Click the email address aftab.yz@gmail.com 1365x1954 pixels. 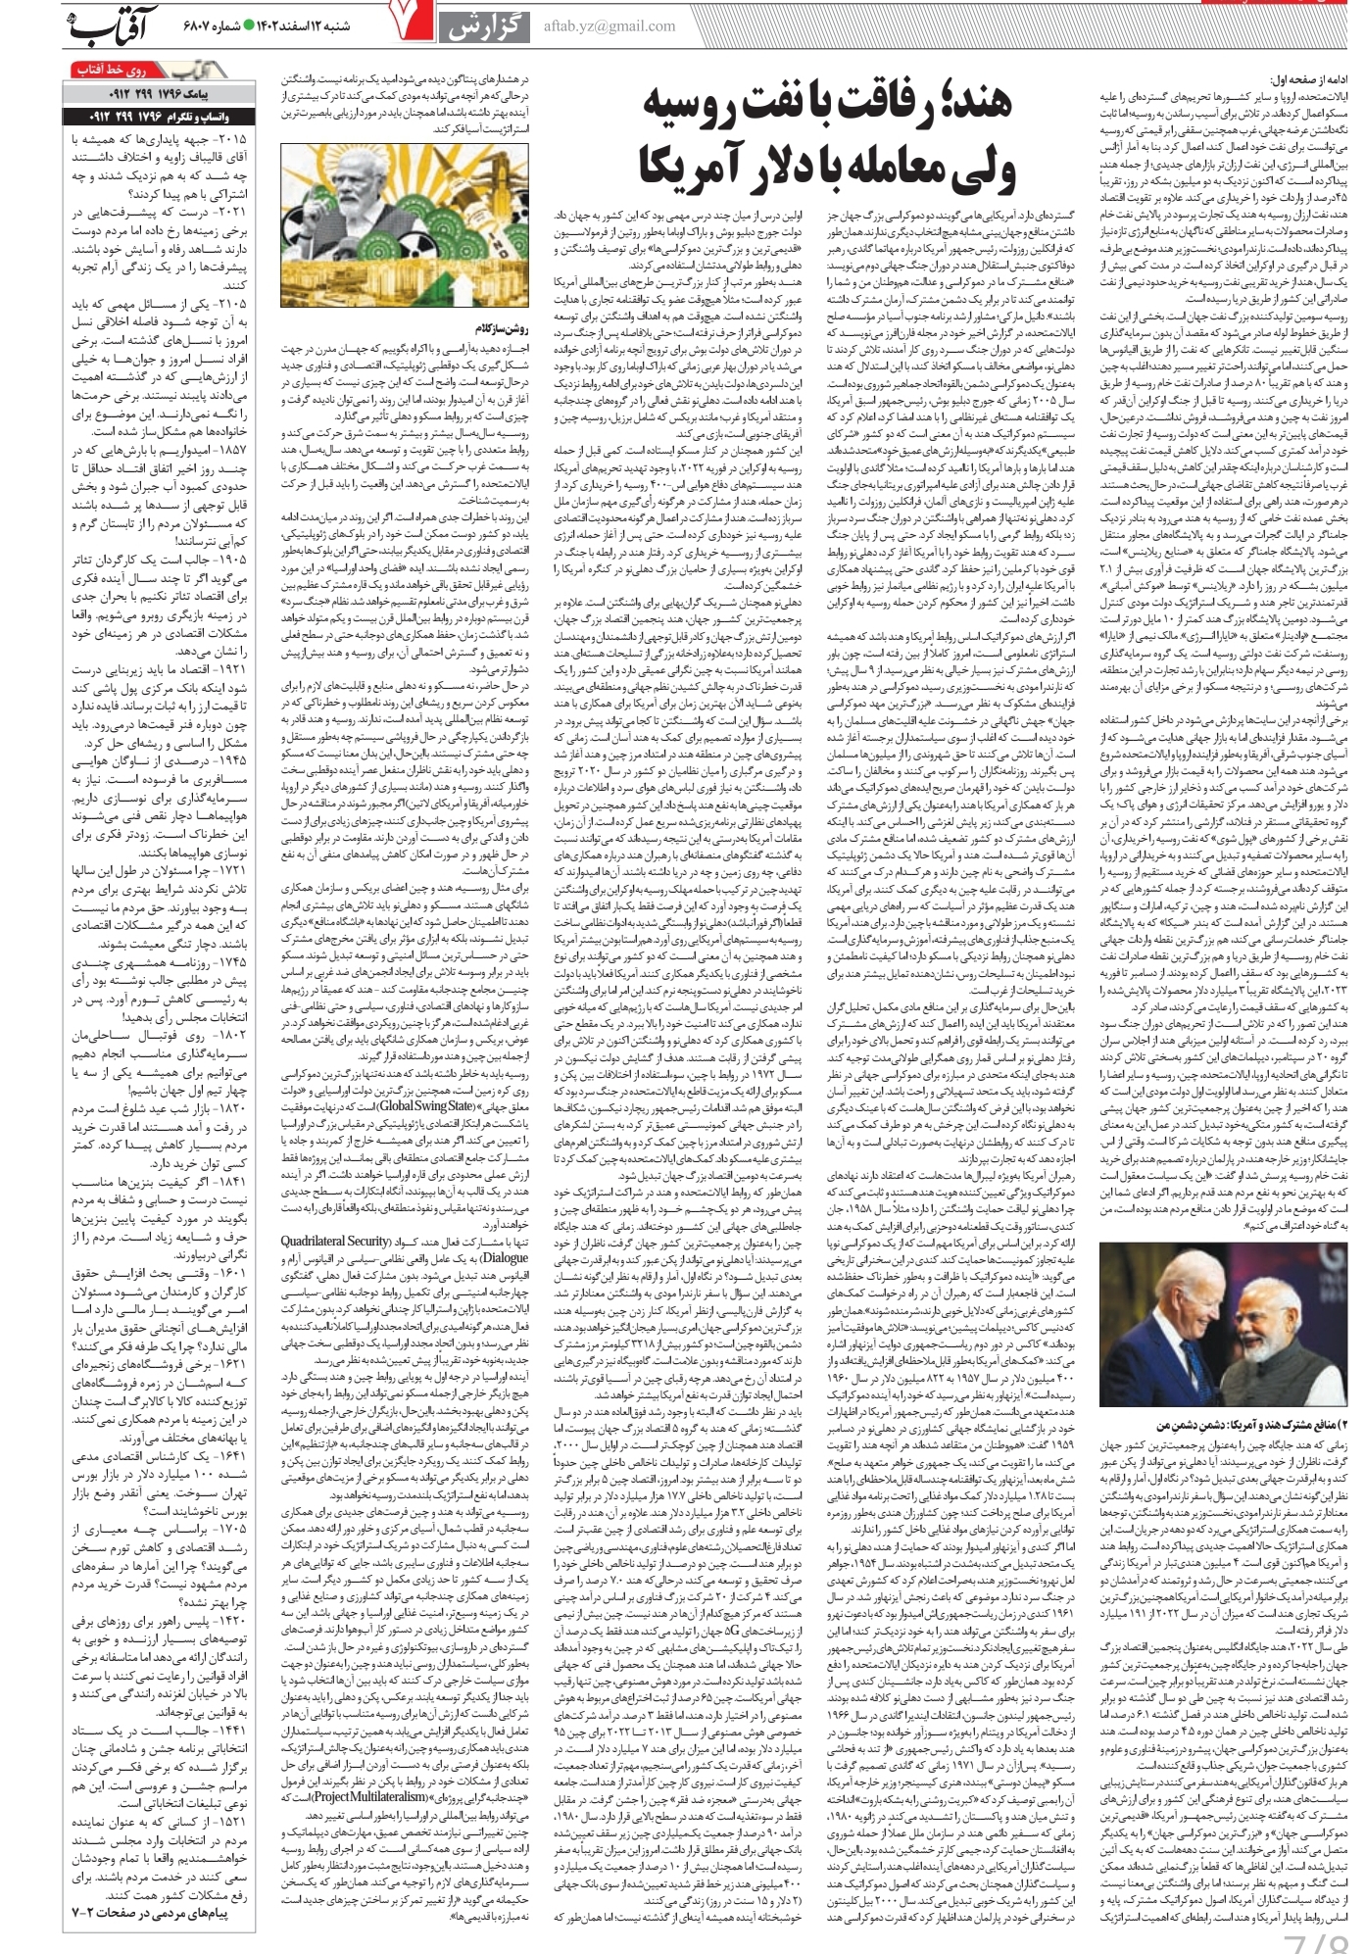(609, 26)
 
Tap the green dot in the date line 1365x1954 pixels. (249, 25)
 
